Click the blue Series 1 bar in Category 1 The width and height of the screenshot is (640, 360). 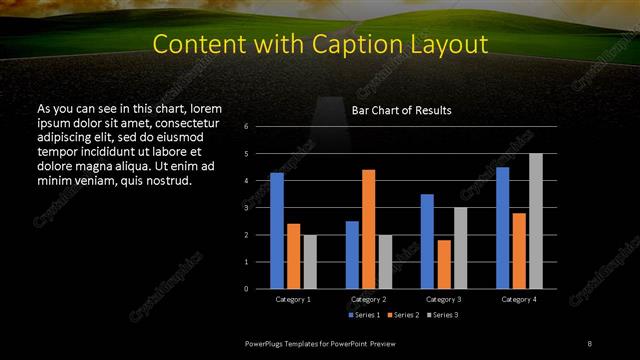(x=276, y=231)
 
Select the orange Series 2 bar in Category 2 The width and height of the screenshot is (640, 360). (x=368, y=229)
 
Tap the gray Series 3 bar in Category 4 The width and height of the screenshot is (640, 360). (x=536, y=221)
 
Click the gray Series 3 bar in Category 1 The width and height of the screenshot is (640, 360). (x=310, y=262)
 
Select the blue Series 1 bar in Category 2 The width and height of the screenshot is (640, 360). (x=352, y=255)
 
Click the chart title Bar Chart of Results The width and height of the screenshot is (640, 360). (x=401, y=110)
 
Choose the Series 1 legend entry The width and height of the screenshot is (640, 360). (x=364, y=315)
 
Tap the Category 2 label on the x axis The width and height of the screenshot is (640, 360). (x=368, y=299)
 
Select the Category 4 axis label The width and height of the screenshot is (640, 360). (x=518, y=299)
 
